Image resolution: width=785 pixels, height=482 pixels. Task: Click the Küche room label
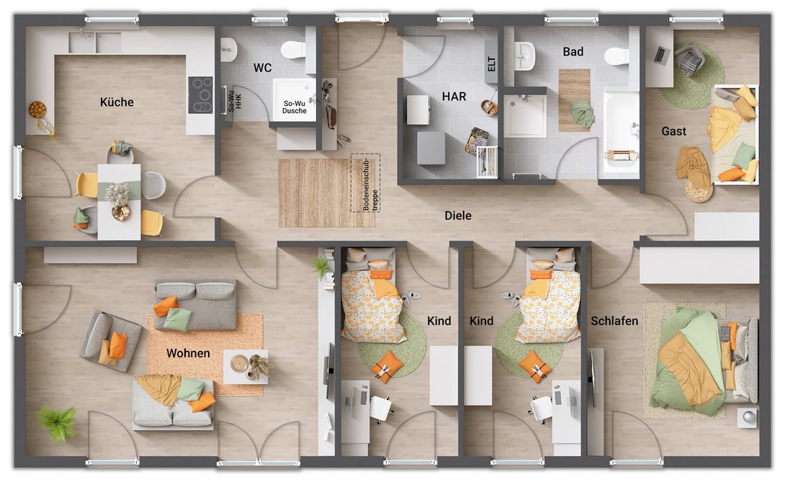coord(117,102)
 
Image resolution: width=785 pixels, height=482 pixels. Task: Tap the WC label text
coord(262,68)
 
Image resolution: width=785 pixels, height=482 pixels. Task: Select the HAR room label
coord(454,97)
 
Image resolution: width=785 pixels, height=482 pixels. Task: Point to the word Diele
coord(458,215)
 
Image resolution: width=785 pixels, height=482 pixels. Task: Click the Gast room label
coord(674,131)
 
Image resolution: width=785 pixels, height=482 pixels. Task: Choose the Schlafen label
coord(614,321)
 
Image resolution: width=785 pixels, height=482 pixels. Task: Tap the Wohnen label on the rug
coord(188,353)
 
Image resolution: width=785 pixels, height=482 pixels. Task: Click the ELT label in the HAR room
coord(491,63)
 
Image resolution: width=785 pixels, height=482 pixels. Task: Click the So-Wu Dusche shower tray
coord(294,99)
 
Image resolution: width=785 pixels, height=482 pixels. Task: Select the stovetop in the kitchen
coord(200,94)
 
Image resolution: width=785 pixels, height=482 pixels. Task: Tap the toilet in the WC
coord(293,50)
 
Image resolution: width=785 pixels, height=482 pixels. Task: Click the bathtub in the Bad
coord(621,133)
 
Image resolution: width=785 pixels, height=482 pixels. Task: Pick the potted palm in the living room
coord(56,422)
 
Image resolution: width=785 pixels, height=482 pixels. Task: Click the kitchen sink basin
coord(94,43)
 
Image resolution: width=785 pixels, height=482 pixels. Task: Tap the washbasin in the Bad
coord(525,55)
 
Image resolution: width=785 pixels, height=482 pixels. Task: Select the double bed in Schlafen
coord(704,362)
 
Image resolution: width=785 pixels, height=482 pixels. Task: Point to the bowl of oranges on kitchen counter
coord(37,110)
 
